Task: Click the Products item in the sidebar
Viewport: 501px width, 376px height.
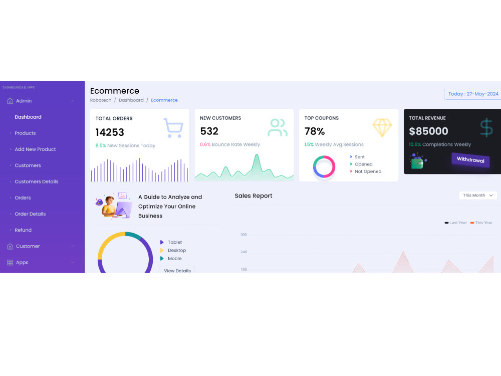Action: point(25,133)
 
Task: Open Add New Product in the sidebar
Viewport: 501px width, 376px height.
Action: point(35,149)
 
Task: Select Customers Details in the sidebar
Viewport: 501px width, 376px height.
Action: point(37,181)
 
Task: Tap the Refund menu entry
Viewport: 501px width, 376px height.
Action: point(23,230)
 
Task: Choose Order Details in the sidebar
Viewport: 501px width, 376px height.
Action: point(30,214)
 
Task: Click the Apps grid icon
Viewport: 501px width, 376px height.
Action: point(10,263)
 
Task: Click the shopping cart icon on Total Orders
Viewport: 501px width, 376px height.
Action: point(173,128)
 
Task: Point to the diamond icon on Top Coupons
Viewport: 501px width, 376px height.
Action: point(382,128)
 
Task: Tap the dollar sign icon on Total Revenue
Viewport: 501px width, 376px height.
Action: point(486,127)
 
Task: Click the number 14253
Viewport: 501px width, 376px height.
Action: point(110,132)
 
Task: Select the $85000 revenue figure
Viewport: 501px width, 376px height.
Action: point(428,131)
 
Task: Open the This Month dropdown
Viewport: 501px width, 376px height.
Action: point(478,196)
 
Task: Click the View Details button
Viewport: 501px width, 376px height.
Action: point(177,270)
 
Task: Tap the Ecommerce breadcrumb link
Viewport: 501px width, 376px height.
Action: point(164,100)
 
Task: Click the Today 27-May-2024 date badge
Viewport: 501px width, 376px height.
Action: point(472,94)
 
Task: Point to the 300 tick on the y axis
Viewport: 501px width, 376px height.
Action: point(243,235)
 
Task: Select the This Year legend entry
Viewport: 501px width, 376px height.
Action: point(481,223)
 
